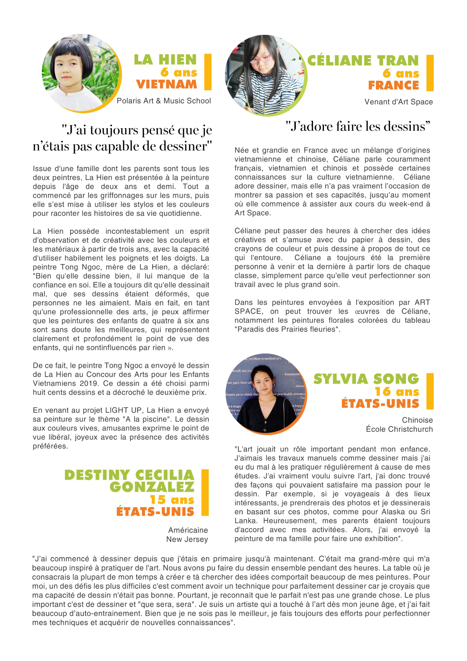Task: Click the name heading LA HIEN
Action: click(x=165, y=60)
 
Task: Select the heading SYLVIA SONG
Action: click(x=366, y=379)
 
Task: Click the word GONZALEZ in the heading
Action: click(x=152, y=487)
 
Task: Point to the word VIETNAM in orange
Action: click(x=166, y=84)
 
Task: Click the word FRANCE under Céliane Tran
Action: click(x=393, y=85)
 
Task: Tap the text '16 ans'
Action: click(x=397, y=392)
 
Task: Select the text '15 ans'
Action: click(x=172, y=499)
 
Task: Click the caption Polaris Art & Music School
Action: click(x=163, y=101)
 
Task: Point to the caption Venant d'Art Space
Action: click(x=398, y=102)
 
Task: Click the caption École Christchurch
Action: click(x=399, y=429)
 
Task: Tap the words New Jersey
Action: click(x=187, y=539)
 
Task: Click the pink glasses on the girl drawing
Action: click(x=260, y=59)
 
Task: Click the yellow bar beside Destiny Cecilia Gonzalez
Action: click(x=205, y=493)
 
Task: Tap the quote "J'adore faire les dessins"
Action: click(x=358, y=126)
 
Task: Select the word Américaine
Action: click(x=188, y=530)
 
